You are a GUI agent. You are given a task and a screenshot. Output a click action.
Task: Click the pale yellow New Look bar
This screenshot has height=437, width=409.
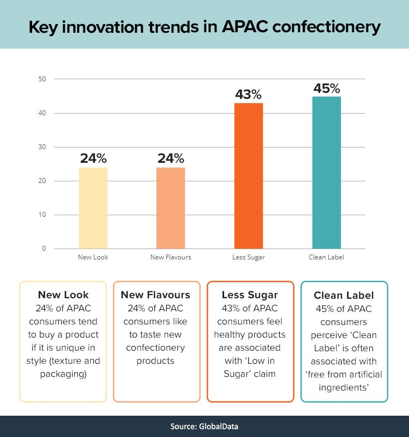[x=93, y=208]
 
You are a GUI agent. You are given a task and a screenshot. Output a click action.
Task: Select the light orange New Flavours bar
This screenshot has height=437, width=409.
[x=171, y=208]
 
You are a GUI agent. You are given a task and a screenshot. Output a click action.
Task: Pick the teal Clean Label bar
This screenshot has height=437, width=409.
[x=326, y=173]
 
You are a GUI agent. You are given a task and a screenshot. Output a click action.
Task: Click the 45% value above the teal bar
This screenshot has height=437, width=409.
[x=327, y=88]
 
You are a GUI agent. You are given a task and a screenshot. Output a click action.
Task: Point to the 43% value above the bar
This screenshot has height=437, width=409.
[x=249, y=95]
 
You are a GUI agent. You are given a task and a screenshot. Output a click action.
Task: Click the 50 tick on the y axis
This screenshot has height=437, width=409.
[x=43, y=79]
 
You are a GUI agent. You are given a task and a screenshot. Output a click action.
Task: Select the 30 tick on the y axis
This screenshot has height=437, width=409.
[x=43, y=147]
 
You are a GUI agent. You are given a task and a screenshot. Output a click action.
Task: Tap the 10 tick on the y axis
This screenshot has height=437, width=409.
[x=43, y=215]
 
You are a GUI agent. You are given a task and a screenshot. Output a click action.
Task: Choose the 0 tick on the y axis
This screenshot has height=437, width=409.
[x=44, y=249]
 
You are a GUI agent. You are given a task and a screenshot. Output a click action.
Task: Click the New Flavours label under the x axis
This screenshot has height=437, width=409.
[x=171, y=257]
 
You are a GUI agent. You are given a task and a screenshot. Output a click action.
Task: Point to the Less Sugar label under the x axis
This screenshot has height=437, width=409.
[x=249, y=257]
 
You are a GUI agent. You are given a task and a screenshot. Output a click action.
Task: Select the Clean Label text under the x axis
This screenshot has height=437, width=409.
[x=326, y=257]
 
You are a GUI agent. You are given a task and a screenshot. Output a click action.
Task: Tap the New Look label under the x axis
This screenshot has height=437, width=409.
[x=93, y=257]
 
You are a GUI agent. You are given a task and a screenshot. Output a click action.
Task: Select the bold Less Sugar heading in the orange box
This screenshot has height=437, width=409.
[x=250, y=295]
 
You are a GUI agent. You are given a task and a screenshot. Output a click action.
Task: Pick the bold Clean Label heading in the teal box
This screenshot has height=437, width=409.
[x=344, y=296]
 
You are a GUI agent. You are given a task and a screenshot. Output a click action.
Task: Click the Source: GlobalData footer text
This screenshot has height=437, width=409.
[x=204, y=426]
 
